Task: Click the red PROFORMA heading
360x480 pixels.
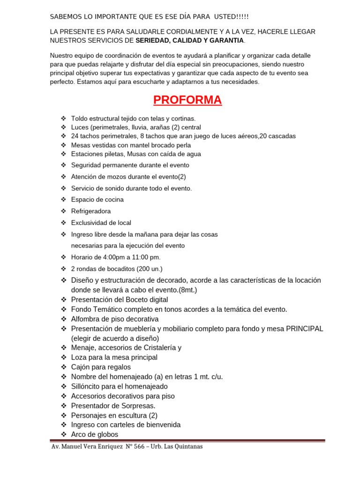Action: pos(187,100)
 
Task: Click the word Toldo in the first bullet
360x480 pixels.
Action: pos(79,118)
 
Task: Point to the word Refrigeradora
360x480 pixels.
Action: pos(91,211)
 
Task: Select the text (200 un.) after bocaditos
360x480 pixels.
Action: pos(149,269)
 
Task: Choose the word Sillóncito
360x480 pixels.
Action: pos(86,387)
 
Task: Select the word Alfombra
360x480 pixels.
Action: pos(85,319)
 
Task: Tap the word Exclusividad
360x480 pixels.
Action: pos(90,223)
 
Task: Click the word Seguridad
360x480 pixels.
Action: pos(85,165)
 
